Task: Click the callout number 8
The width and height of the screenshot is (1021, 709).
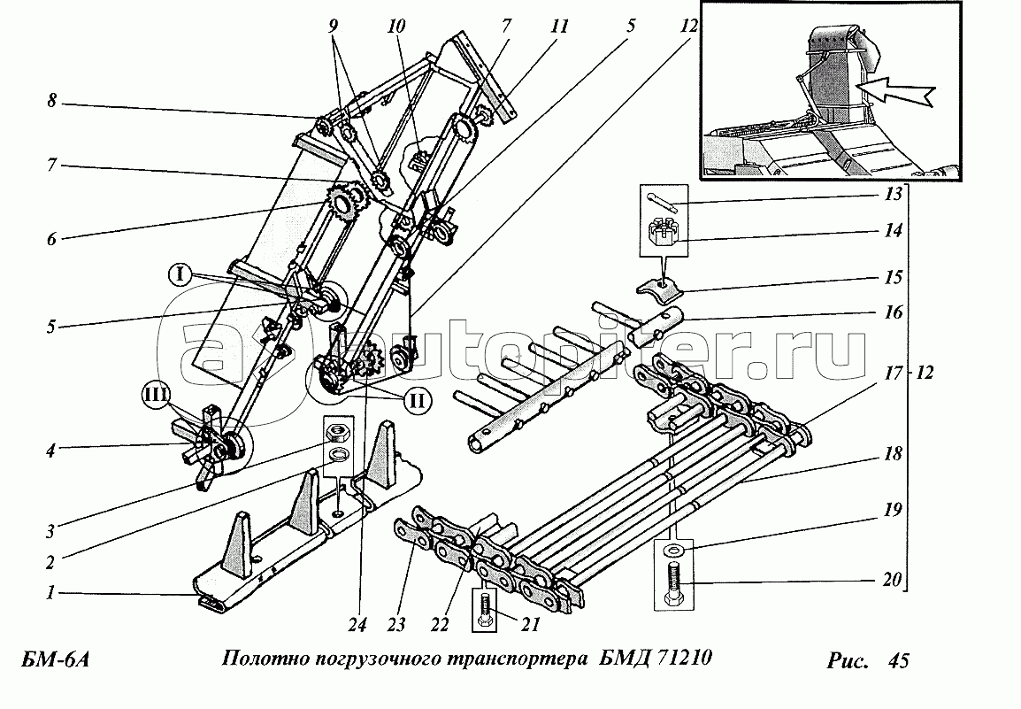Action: (x=51, y=103)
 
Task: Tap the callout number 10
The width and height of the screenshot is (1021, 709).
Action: (x=395, y=26)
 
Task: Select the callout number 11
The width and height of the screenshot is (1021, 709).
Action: (x=559, y=26)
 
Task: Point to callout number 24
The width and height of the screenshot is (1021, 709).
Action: (x=357, y=624)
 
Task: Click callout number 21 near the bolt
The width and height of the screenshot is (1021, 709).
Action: (x=531, y=624)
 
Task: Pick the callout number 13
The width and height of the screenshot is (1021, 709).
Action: (x=894, y=194)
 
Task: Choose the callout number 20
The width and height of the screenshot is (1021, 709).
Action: (x=893, y=579)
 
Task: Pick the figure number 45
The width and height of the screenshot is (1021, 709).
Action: (x=898, y=660)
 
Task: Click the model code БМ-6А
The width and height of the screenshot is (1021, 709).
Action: (x=56, y=660)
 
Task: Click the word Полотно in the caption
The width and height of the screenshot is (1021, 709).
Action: (x=265, y=659)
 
